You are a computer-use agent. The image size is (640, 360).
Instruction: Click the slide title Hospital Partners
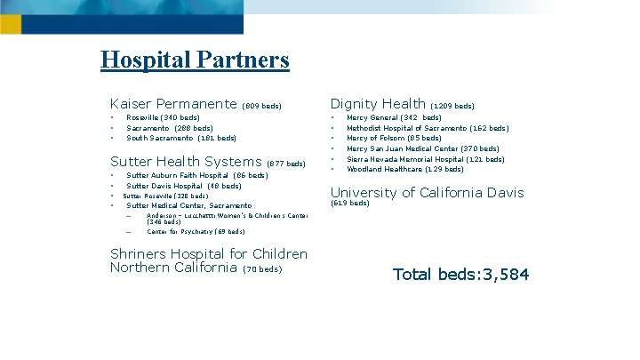click(195, 60)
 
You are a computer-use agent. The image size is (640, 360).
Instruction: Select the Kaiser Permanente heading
click(172, 104)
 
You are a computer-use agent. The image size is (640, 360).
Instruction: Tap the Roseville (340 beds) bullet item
click(163, 117)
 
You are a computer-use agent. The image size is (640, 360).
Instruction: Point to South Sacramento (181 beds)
click(181, 138)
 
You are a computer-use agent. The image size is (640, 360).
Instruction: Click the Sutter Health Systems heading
click(185, 162)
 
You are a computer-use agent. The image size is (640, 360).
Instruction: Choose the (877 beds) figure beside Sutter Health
click(286, 164)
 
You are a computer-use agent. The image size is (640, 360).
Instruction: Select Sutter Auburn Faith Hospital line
click(197, 176)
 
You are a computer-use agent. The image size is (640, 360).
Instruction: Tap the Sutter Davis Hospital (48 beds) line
click(184, 186)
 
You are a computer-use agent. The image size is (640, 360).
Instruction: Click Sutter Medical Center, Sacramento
click(189, 205)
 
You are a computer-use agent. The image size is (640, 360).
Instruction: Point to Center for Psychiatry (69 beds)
click(196, 231)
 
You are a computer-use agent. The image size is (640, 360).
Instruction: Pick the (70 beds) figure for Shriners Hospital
click(262, 269)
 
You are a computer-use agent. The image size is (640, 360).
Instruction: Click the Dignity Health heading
click(378, 104)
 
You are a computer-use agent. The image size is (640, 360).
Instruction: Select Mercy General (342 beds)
click(394, 117)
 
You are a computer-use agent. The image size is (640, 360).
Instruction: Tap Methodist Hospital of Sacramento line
click(428, 128)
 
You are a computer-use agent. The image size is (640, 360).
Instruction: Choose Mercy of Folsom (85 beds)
click(394, 138)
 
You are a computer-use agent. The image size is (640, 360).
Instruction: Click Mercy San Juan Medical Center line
click(423, 148)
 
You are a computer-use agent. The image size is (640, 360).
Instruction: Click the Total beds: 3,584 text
click(460, 274)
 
